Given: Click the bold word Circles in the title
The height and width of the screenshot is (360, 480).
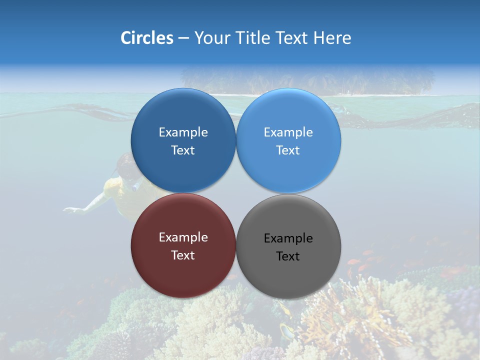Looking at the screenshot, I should [x=146, y=38].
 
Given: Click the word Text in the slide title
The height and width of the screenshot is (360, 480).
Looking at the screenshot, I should [x=292, y=38].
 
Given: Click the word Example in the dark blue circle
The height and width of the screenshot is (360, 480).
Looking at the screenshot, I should [x=183, y=132].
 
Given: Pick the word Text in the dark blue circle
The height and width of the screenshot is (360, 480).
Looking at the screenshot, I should [x=183, y=150].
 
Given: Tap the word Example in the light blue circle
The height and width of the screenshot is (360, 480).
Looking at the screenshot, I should [x=288, y=132].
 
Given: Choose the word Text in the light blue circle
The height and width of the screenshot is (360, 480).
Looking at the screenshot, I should [x=288, y=150].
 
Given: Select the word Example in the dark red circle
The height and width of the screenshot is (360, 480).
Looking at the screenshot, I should [x=183, y=237].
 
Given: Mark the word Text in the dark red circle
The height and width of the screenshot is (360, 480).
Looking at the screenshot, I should [x=183, y=255].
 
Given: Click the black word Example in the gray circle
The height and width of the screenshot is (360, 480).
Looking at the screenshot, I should [x=288, y=238].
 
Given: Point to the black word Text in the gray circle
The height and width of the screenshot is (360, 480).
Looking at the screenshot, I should [x=288, y=256].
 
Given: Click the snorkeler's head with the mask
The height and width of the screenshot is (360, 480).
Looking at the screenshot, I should [x=125, y=167].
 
